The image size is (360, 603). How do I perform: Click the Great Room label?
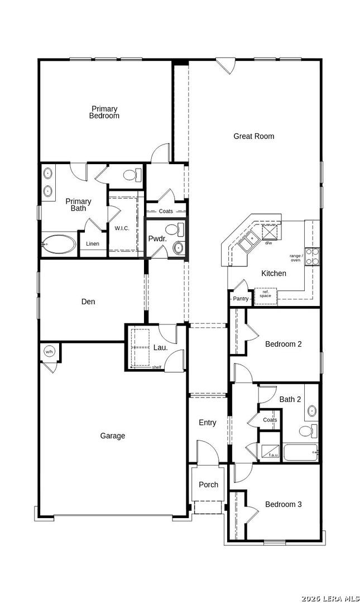pyautogui.click(x=253, y=136)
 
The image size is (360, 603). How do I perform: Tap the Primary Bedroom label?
pyautogui.click(x=104, y=112)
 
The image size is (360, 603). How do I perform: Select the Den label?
pyautogui.click(x=88, y=302)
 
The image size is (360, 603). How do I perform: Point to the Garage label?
pyautogui.click(x=113, y=436)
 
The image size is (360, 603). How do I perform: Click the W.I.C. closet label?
pyautogui.click(x=122, y=228)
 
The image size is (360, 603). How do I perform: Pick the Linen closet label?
pyautogui.click(x=93, y=244)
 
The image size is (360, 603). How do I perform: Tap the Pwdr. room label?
pyautogui.click(x=155, y=239)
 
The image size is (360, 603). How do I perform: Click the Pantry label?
pyautogui.click(x=241, y=299)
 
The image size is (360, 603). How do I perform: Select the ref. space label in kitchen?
pyautogui.click(x=265, y=294)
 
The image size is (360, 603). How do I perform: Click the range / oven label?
pyautogui.click(x=295, y=258)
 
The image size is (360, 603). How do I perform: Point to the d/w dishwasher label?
pyautogui.click(x=268, y=243)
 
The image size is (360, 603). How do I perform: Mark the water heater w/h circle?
pyautogui.click(x=49, y=351)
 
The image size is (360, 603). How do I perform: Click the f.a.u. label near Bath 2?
pyautogui.click(x=273, y=455)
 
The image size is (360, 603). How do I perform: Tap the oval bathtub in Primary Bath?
pyautogui.click(x=59, y=245)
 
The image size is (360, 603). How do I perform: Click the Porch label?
pyautogui.click(x=209, y=485)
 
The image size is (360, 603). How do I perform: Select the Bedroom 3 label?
pyautogui.click(x=284, y=505)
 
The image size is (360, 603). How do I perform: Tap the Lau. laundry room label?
pyautogui.click(x=161, y=348)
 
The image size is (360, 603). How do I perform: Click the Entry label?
pyautogui.click(x=208, y=423)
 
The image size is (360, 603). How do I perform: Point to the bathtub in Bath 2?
pyautogui.click(x=300, y=452)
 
